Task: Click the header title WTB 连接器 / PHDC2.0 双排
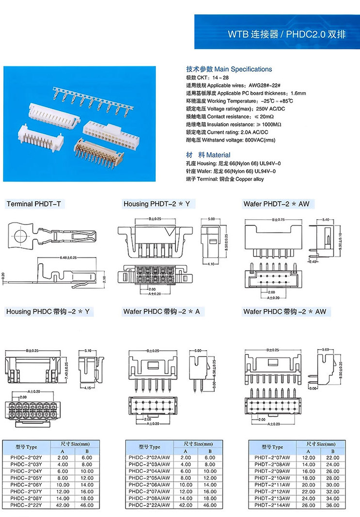coord(287,35)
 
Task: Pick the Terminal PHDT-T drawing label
coord(34,204)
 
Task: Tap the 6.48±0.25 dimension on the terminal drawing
coord(71,257)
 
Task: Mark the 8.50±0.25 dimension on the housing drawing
coord(226,242)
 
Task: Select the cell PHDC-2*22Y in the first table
coord(27,505)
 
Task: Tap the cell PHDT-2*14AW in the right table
coord(272,505)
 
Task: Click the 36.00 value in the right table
coord(333,505)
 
